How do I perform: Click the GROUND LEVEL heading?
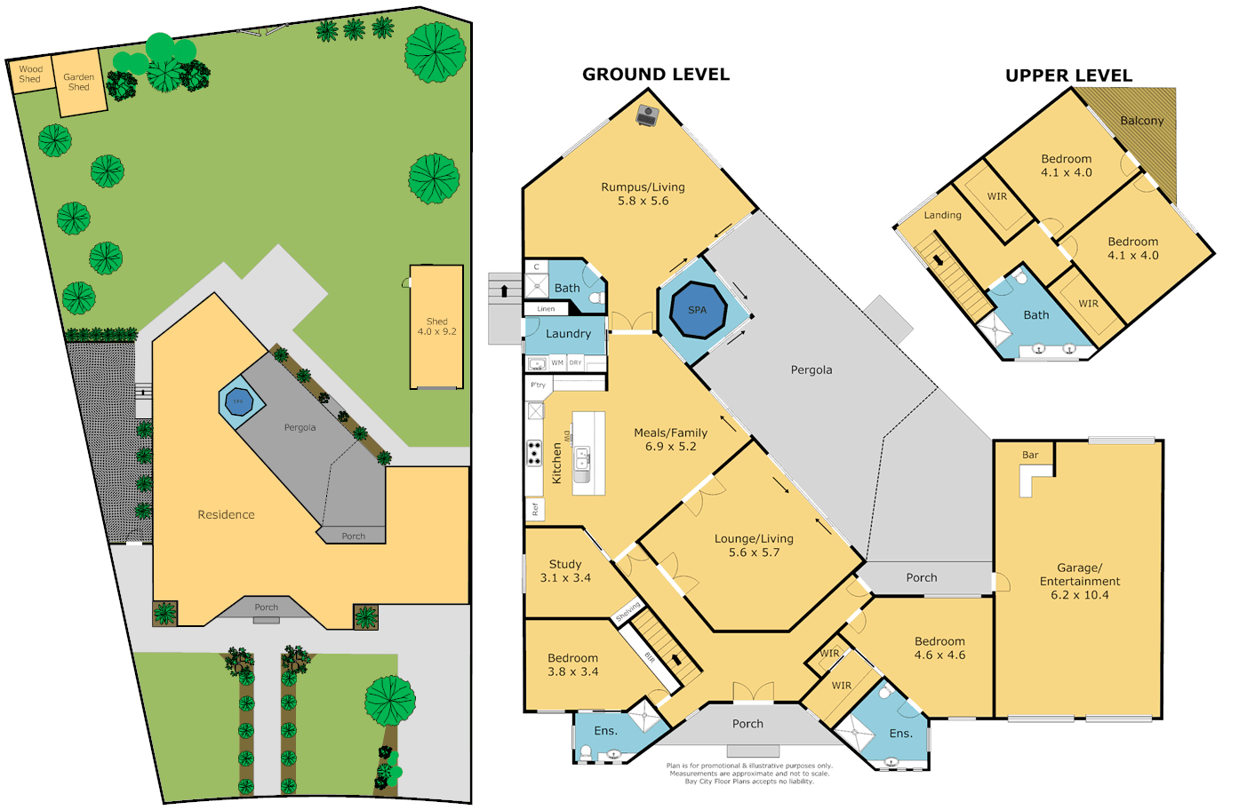(x=655, y=75)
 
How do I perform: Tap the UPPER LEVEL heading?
(x=1068, y=76)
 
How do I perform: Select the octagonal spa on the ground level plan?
(x=697, y=310)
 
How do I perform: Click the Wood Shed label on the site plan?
(x=30, y=74)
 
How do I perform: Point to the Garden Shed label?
(x=78, y=82)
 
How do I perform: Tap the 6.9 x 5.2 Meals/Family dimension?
(x=670, y=447)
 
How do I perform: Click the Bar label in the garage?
(x=1030, y=455)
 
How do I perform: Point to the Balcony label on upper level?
(x=1141, y=121)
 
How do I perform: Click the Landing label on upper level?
(x=942, y=215)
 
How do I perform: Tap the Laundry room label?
(x=568, y=334)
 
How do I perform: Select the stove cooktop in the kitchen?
(x=534, y=453)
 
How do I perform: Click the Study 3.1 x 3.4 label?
(x=565, y=571)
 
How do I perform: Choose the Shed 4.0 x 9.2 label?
(x=436, y=327)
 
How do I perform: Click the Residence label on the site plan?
(x=226, y=515)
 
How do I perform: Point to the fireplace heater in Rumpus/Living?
(x=647, y=115)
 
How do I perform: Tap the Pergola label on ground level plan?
(x=811, y=370)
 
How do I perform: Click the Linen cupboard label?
(x=546, y=309)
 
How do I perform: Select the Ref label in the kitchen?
(x=535, y=509)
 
